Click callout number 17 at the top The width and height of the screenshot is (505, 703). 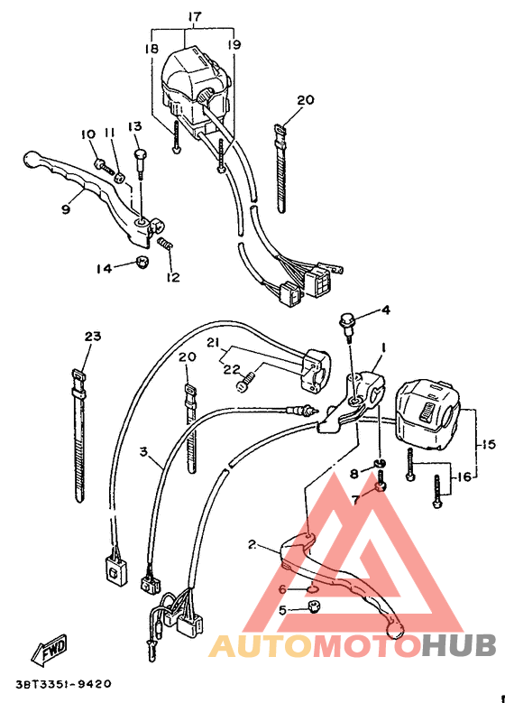[x=195, y=16]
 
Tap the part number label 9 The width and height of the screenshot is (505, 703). [x=66, y=208]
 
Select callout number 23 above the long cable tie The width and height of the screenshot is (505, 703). [x=93, y=336]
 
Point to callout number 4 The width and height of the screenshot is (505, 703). [x=385, y=310]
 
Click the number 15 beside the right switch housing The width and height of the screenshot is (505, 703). [x=488, y=444]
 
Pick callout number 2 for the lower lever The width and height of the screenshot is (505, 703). [x=252, y=544]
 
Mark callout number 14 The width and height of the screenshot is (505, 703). [x=104, y=268]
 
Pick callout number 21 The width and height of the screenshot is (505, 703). [x=213, y=343]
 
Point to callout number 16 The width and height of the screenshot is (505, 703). [x=463, y=476]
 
